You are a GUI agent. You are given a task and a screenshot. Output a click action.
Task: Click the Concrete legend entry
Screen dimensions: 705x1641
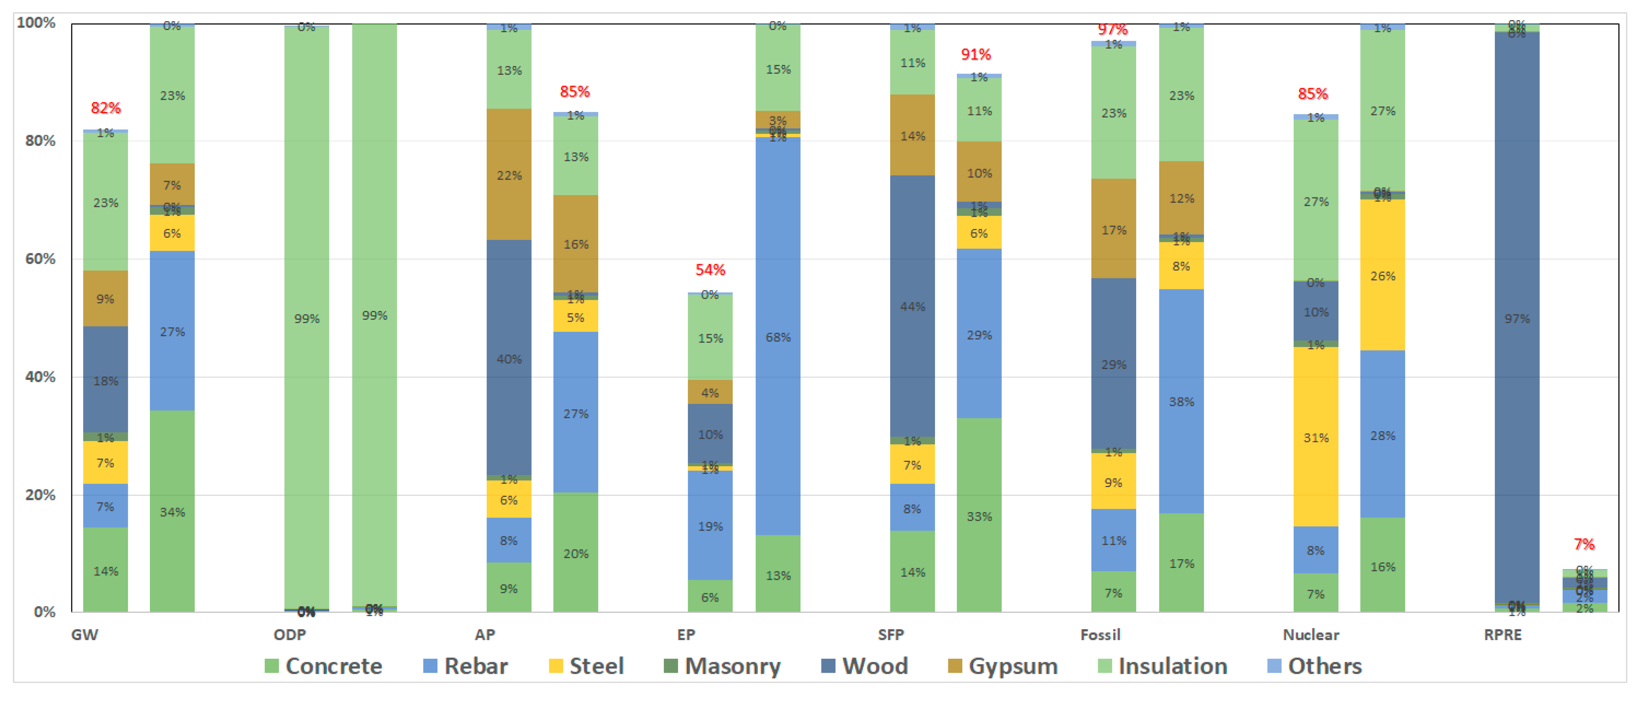pyautogui.click(x=324, y=666)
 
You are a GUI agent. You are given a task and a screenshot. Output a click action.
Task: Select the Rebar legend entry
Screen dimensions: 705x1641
pyautogui.click(x=466, y=666)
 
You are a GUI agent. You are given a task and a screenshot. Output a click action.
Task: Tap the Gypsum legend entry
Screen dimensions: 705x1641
pyautogui.click(x=1003, y=666)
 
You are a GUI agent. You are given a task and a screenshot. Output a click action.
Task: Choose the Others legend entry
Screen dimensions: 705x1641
pyautogui.click(x=1315, y=666)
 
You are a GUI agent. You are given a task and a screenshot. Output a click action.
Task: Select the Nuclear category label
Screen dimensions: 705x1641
pyautogui.click(x=1310, y=634)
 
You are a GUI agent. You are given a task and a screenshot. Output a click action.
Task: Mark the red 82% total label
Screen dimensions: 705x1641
pyautogui.click(x=106, y=107)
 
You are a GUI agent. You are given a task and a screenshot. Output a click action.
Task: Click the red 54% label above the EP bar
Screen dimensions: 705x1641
pyautogui.click(x=709, y=270)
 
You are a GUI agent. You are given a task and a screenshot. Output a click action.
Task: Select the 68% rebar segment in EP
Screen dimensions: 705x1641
pyautogui.click(x=778, y=336)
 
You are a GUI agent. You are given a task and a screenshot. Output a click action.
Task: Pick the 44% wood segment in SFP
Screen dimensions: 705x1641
pyautogui.click(x=912, y=306)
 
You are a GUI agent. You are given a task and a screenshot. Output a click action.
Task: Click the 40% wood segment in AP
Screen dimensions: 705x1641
pyautogui.click(x=509, y=358)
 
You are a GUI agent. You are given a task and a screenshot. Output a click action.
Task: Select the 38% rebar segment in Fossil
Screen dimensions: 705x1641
pyautogui.click(x=1181, y=401)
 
